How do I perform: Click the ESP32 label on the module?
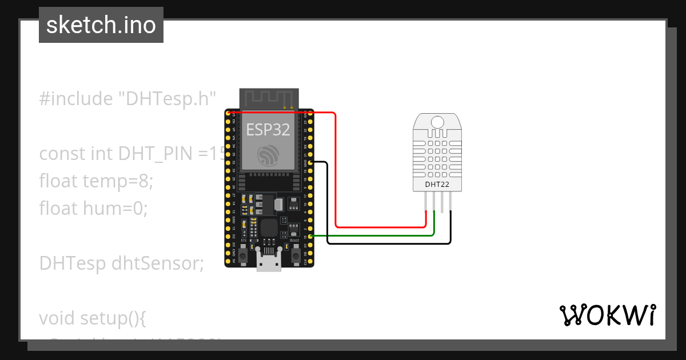coord(268,130)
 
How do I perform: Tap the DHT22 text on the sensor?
coord(437,185)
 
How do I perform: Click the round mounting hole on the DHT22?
coord(437,122)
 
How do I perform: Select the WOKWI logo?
coord(607,315)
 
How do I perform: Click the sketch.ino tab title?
coord(101,25)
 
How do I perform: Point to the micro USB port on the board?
coord(269,265)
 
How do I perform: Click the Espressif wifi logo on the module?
coord(268,156)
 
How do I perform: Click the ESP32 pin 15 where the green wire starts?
coord(309,236)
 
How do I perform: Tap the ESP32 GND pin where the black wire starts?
coord(309,162)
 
